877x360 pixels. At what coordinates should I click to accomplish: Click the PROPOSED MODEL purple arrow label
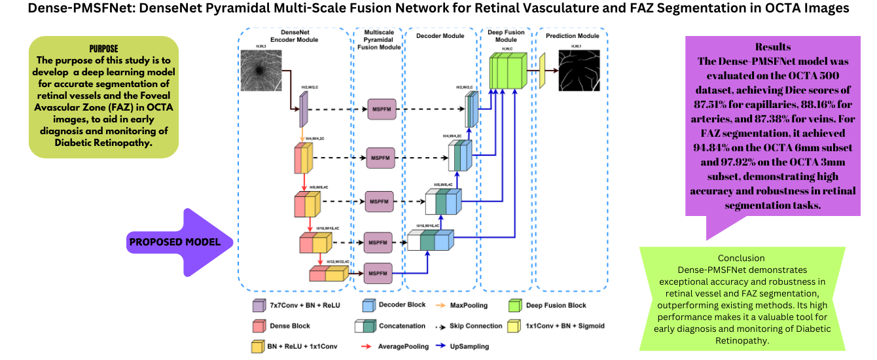pyautogui.click(x=175, y=242)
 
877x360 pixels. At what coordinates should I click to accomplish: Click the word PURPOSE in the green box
pyautogui.click(x=103, y=49)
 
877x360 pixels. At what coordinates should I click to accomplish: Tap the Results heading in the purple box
pyautogui.click(x=772, y=47)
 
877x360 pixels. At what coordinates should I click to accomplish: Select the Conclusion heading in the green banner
pyautogui.click(x=741, y=258)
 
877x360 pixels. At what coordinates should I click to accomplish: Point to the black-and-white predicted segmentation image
pyautogui.click(x=579, y=71)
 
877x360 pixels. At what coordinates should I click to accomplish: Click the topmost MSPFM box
pyautogui.click(x=383, y=109)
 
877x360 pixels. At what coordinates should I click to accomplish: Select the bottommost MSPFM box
pyautogui.click(x=378, y=272)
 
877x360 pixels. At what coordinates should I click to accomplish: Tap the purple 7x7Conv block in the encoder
pyautogui.click(x=303, y=109)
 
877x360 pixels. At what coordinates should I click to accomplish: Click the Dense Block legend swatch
pyautogui.click(x=257, y=325)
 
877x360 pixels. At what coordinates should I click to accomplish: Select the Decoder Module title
pyautogui.click(x=440, y=35)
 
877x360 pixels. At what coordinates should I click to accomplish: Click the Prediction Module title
pyautogui.click(x=572, y=35)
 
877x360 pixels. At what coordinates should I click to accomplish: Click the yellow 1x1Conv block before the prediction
pyautogui.click(x=542, y=70)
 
